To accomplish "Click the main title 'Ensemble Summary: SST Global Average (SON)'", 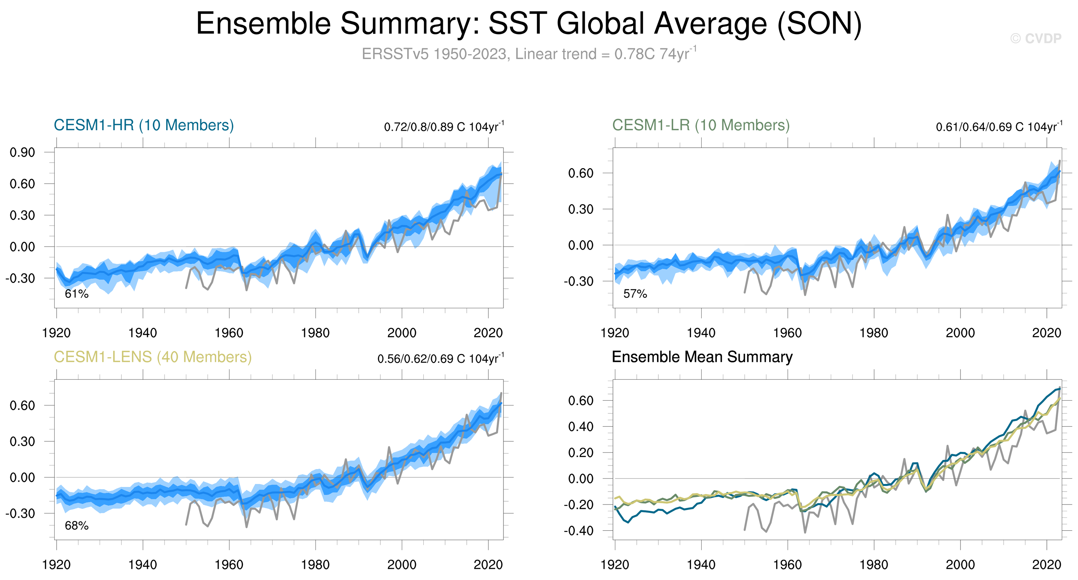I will pyautogui.click(x=529, y=24).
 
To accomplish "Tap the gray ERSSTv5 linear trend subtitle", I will pyautogui.click(x=529, y=54).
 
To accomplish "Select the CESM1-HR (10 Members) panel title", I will pyautogui.click(x=144, y=125).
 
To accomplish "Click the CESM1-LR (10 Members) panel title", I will pyautogui.click(x=701, y=125).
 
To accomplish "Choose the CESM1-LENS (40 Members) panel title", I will pyautogui.click(x=153, y=357).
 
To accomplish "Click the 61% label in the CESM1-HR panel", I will pyautogui.click(x=76, y=294).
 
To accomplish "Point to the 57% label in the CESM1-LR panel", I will pyautogui.click(x=635, y=294).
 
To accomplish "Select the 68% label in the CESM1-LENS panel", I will pyautogui.click(x=76, y=526).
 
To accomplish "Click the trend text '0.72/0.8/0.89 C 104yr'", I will pyautogui.click(x=444, y=127).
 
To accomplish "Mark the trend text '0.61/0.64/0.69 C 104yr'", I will pyautogui.click(x=999, y=127).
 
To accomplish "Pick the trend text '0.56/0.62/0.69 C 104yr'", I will pyautogui.click(x=440, y=359).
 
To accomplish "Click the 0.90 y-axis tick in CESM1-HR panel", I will pyautogui.click(x=23, y=152).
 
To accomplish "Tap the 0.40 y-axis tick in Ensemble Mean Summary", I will pyautogui.click(x=581, y=427).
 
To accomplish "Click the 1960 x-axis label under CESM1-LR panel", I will pyautogui.click(x=787, y=333).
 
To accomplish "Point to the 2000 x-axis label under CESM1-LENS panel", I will pyautogui.click(x=401, y=565).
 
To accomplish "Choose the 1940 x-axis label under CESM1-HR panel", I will pyautogui.click(x=143, y=333).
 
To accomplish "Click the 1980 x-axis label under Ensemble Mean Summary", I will pyautogui.click(x=873, y=565).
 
